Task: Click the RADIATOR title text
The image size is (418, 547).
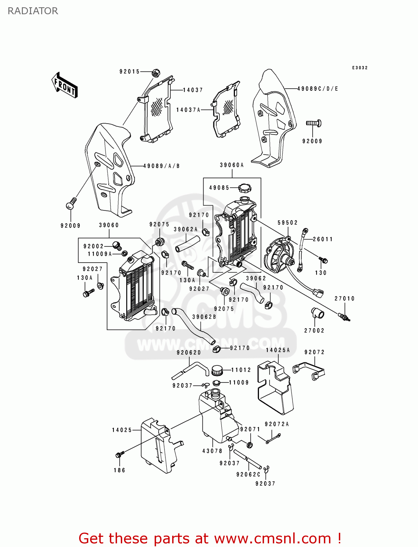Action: (x=33, y=11)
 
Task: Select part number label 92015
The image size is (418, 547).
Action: (x=129, y=71)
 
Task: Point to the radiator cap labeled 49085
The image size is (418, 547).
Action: (x=244, y=188)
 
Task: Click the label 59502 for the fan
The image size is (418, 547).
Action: (x=287, y=222)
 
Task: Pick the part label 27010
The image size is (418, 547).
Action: (x=344, y=298)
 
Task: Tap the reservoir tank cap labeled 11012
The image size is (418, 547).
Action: (x=217, y=370)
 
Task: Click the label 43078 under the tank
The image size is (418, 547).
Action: (x=212, y=451)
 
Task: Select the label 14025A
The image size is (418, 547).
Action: (x=278, y=350)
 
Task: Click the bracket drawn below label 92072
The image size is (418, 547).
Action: (x=309, y=370)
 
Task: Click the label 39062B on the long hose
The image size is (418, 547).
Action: (x=204, y=317)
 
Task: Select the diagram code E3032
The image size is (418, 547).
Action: (x=360, y=68)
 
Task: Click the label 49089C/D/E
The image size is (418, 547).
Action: (x=317, y=89)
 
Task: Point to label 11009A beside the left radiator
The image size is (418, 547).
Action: (x=100, y=254)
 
